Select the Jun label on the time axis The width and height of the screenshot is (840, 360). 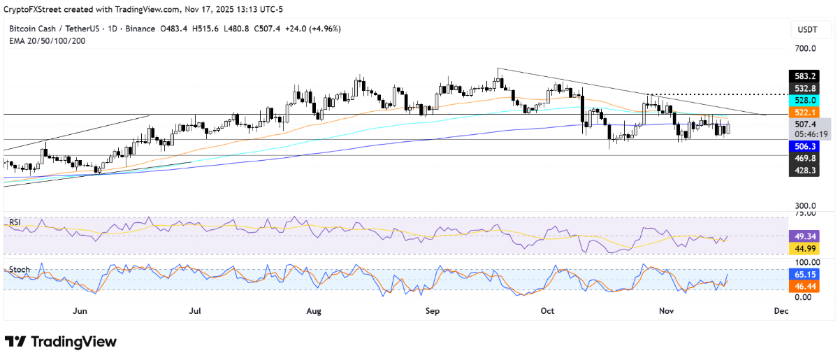(x=80, y=310)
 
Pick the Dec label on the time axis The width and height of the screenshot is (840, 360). (x=781, y=310)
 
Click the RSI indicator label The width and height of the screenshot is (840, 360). (x=14, y=222)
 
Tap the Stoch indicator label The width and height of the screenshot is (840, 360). (x=17, y=269)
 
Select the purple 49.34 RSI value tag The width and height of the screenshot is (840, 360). (x=800, y=236)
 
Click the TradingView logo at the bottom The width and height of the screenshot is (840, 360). (x=61, y=342)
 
